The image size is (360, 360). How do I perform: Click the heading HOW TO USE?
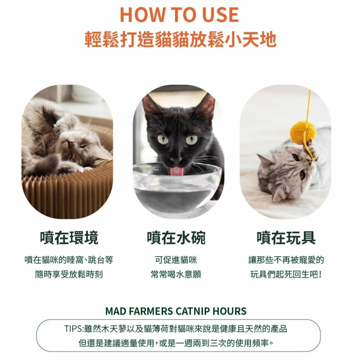point(179,15)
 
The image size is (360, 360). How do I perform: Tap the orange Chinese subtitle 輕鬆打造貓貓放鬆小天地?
point(180,40)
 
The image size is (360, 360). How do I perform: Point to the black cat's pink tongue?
point(176,171)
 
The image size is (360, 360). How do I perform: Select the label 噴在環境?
point(69,238)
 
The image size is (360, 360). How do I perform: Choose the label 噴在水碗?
point(176,238)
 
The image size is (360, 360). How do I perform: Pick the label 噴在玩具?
point(286,238)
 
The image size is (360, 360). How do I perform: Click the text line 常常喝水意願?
point(176,274)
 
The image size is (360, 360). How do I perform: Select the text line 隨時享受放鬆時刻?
point(69,274)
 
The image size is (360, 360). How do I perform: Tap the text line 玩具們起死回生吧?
point(286,274)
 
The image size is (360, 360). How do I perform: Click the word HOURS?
point(229,311)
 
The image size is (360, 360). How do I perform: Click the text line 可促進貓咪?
point(176,260)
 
